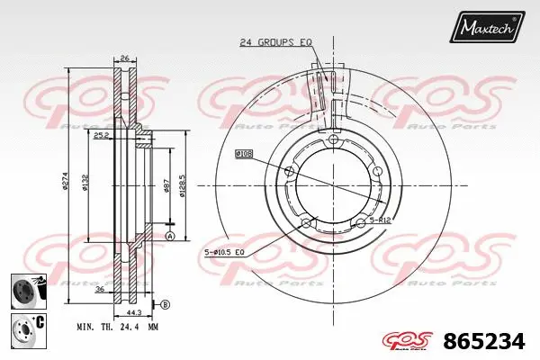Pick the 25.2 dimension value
(102, 136)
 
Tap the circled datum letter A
(168, 237)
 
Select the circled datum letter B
(165, 302)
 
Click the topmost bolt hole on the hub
(334, 140)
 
